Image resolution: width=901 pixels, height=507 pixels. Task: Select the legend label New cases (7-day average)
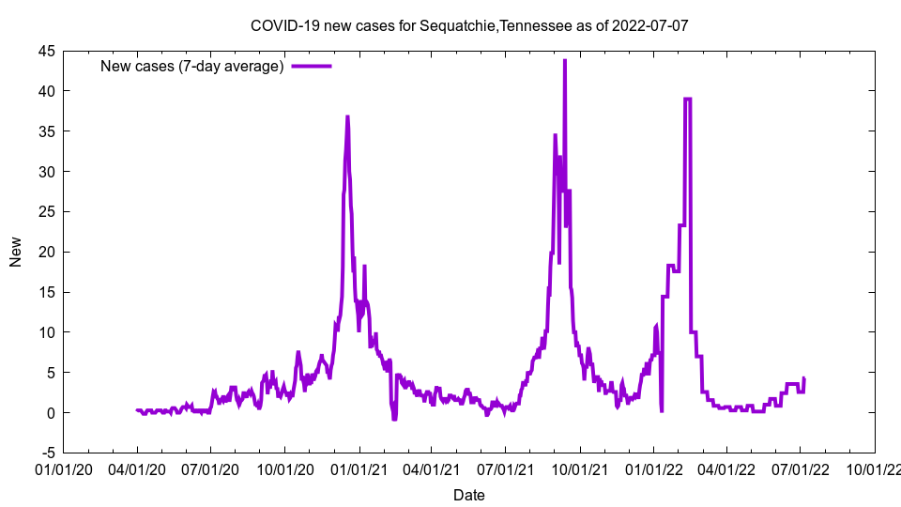(x=192, y=66)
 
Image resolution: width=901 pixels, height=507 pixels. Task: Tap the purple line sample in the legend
(x=312, y=66)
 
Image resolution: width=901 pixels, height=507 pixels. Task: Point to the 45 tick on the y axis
(x=46, y=51)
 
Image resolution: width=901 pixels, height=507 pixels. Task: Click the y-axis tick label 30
(x=46, y=172)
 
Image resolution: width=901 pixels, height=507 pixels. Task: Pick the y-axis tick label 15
(x=46, y=292)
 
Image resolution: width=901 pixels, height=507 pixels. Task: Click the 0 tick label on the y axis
(x=51, y=413)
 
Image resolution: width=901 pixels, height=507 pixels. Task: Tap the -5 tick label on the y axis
(x=48, y=453)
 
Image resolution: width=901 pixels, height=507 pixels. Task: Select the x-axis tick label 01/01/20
(x=63, y=469)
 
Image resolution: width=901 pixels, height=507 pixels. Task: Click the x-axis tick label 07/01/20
(x=210, y=469)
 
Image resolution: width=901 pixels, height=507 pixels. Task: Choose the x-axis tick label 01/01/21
(x=359, y=469)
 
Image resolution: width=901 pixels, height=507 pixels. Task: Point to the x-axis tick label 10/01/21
(x=579, y=469)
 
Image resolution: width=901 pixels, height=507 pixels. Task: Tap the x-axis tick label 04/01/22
(x=726, y=469)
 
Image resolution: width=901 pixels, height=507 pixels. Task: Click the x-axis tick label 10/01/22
(x=875, y=469)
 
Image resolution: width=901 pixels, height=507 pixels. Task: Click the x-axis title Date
(x=469, y=494)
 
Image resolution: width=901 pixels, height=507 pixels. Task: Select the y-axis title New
(x=16, y=252)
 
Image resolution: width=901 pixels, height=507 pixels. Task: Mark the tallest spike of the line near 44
(x=564, y=61)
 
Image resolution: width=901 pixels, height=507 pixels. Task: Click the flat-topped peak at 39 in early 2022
(x=688, y=99)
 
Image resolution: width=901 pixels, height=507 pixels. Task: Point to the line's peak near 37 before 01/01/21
(x=347, y=117)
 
